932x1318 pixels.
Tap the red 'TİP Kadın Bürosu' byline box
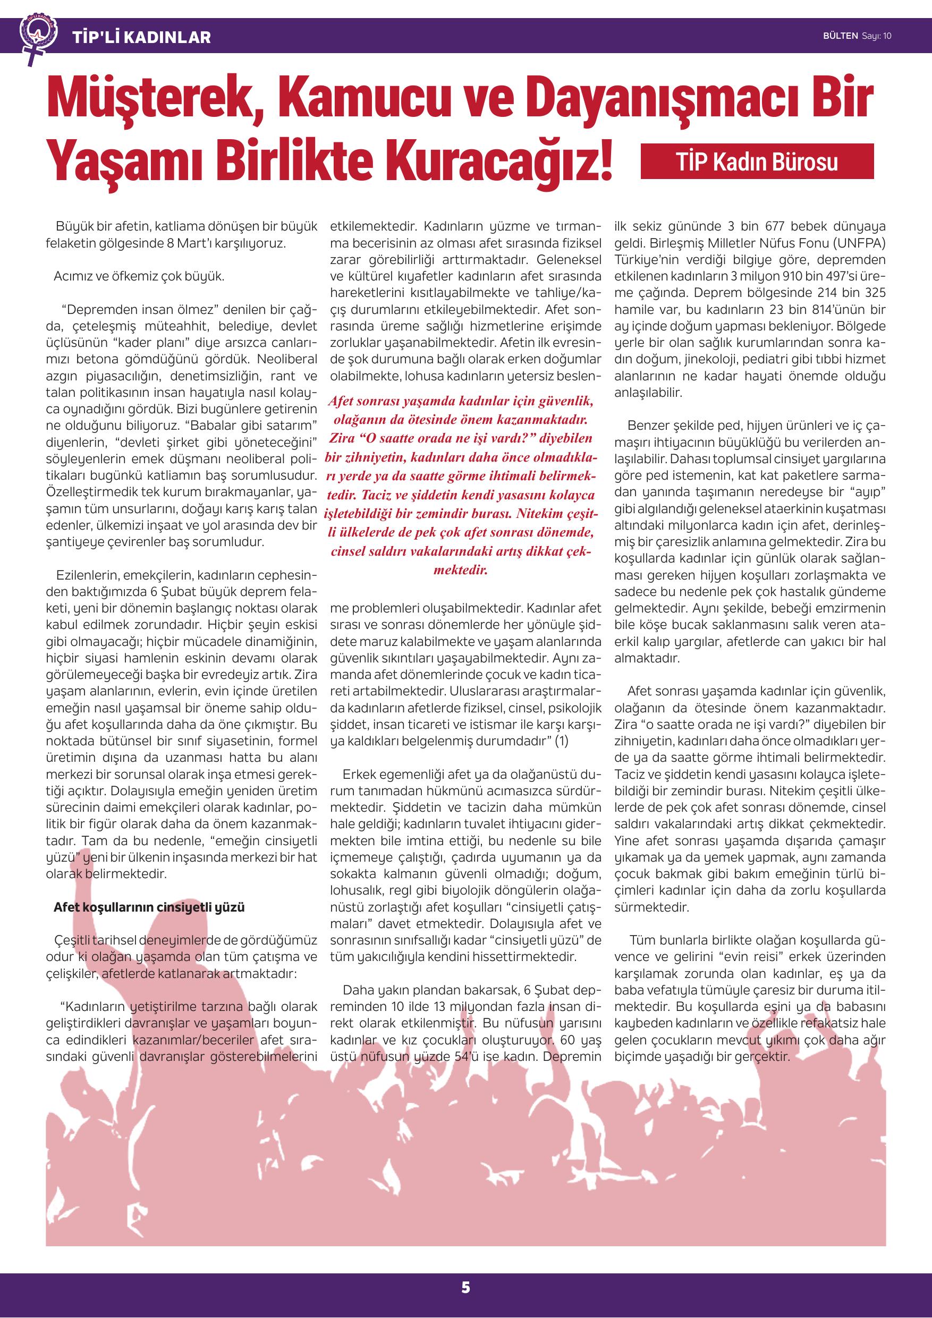tap(757, 162)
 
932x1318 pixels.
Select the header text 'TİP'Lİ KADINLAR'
tap(142, 38)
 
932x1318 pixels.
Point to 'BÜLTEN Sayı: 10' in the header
tap(857, 36)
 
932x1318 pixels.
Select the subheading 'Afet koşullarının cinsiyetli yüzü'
tap(149, 907)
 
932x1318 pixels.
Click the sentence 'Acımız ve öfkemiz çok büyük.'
tap(139, 276)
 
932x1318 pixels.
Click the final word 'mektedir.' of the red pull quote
tap(461, 571)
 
